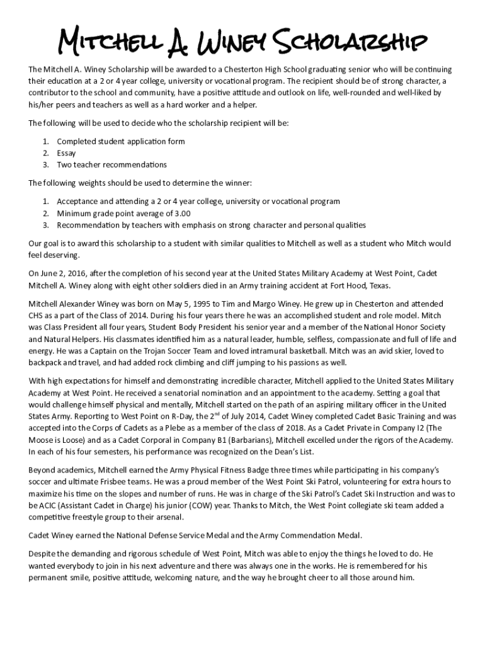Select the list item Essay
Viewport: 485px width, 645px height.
click(x=66, y=153)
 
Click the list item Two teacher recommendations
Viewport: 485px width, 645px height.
click(x=111, y=165)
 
